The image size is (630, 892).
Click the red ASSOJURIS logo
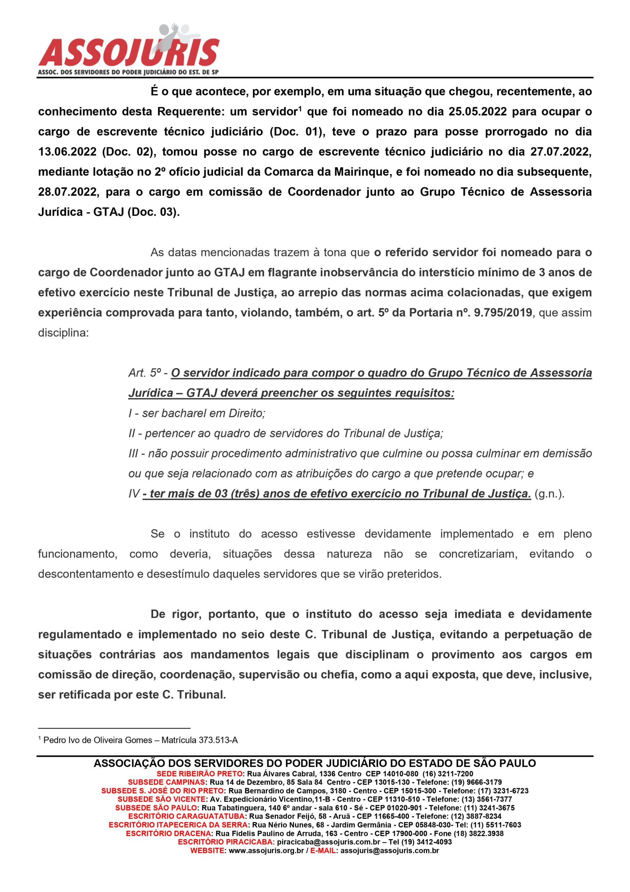coord(129,51)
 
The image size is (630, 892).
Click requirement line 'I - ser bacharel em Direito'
coord(197,413)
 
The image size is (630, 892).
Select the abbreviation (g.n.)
coord(549,494)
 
